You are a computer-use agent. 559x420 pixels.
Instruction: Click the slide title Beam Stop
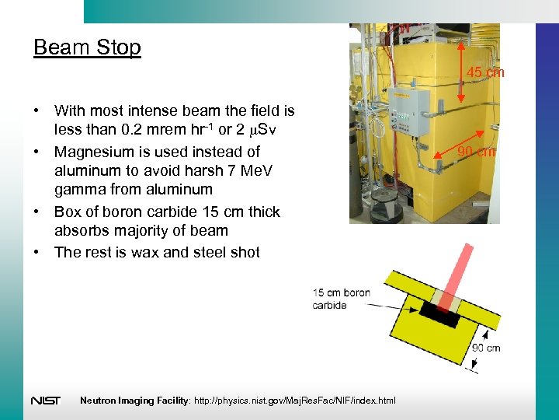pyautogui.click(x=87, y=47)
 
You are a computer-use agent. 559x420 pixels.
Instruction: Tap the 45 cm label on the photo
pyautogui.click(x=485, y=72)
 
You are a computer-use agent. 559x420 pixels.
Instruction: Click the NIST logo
pyautogui.click(x=46, y=401)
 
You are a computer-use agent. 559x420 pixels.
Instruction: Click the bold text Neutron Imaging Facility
pyautogui.click(x=132, y=401)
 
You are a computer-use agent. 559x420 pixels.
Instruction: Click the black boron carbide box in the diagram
pyautogui.click(x=440, y=315)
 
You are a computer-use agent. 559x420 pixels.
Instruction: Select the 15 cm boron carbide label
pyautogui.click(x=341, y=299)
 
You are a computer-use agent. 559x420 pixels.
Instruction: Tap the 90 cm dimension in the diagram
pyautogui.click(x=486, y=347)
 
